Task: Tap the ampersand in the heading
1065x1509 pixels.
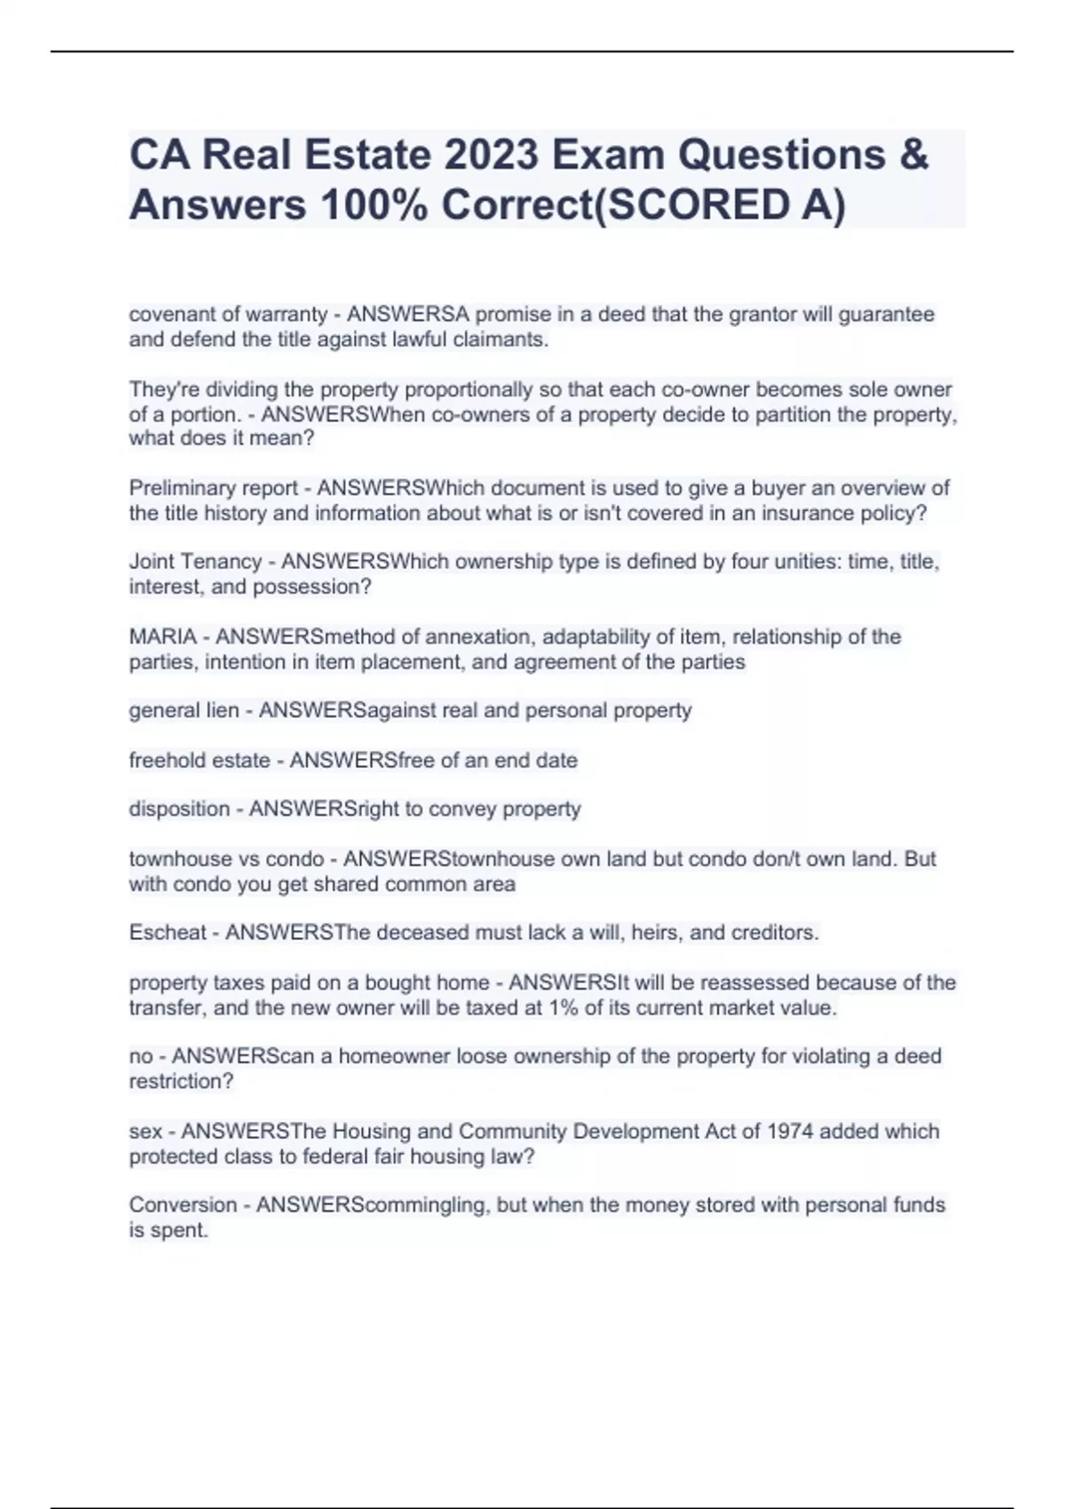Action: tap(913, 155)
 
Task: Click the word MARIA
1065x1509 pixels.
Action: tap(162, 636)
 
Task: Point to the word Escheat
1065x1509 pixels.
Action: tap(168, 933)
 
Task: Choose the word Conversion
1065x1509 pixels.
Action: tap(183, 1205)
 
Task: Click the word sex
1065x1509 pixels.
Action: tap(146, 1132)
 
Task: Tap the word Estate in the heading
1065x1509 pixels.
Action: tap(367, 155)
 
